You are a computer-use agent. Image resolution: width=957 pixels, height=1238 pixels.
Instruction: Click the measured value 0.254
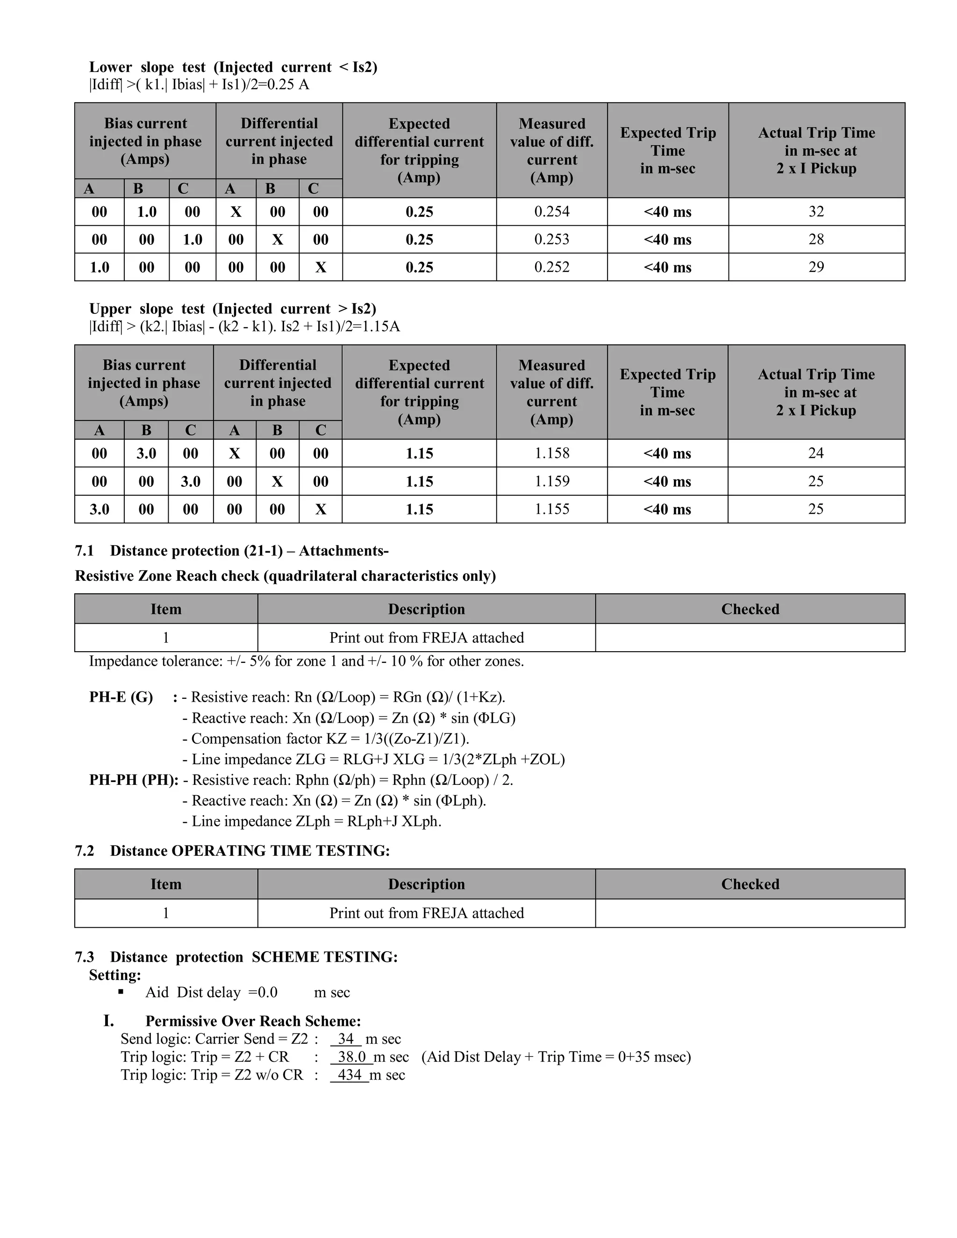(552, 212)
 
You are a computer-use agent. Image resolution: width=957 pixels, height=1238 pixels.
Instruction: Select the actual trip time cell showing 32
(816, 212)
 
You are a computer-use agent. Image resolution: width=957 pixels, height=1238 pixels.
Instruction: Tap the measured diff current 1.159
(552, 481)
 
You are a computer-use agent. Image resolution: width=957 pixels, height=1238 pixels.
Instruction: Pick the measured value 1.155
(552, 509)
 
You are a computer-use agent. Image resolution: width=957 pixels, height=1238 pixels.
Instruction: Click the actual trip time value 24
(816, 453)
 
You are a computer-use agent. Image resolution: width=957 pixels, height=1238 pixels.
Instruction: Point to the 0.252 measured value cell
(552, 267)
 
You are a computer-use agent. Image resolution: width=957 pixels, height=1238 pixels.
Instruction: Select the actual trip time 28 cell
(816, 239)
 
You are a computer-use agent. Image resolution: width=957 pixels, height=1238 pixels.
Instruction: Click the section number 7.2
(85, 851)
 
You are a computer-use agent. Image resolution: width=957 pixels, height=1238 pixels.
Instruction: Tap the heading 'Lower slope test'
(147, 67)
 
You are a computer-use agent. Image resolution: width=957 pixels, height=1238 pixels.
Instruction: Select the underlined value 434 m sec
(350, 1075)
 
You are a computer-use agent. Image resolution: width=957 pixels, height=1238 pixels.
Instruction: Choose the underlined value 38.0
(351, 1057)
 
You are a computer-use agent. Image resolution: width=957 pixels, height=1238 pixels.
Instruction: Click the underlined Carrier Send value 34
(346, 1039)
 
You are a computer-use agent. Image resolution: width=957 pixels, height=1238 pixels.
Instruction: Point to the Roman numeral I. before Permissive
(109, 1021)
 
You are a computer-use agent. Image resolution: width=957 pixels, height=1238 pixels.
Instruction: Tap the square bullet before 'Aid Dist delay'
(121, 992)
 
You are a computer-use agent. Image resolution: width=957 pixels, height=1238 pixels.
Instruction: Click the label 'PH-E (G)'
(121, 697)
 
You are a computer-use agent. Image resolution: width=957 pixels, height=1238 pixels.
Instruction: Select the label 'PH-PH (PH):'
(134, 780)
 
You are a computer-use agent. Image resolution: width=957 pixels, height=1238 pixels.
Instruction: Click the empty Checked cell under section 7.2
(750, 913)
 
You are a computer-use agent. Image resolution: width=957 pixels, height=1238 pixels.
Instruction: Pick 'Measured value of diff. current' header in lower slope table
(552, 150)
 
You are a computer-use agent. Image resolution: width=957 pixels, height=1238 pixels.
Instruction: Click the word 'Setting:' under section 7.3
(115, 975)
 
